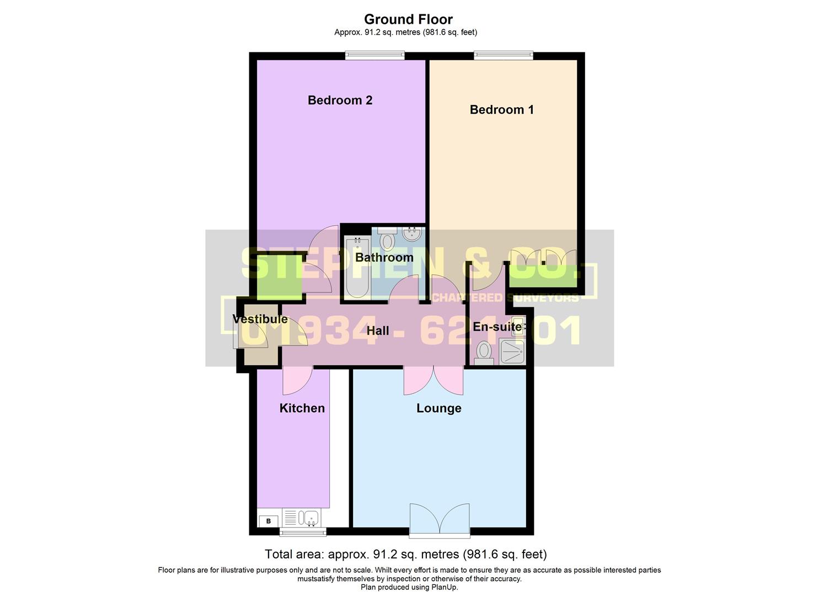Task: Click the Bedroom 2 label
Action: click(340, 100)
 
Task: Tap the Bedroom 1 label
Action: click(501, 110)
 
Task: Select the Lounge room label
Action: click(438, 408)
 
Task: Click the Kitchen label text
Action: click(302, 408)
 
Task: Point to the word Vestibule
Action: click(260, 320)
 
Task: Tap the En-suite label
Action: click(497, 327)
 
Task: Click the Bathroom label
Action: click(384, 258)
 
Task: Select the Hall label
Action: click(378, 331)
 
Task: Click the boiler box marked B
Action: click(269, 521)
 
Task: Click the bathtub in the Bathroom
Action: click(357, 267)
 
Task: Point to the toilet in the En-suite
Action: click(484, 353)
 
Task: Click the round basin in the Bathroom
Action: click(411, 235)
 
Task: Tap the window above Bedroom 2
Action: click(375, 55)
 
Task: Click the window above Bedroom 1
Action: click(503, 55)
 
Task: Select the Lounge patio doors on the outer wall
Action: click(440, 521)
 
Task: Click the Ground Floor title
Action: click(408, 19)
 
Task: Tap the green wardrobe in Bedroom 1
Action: click(542, 275)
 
